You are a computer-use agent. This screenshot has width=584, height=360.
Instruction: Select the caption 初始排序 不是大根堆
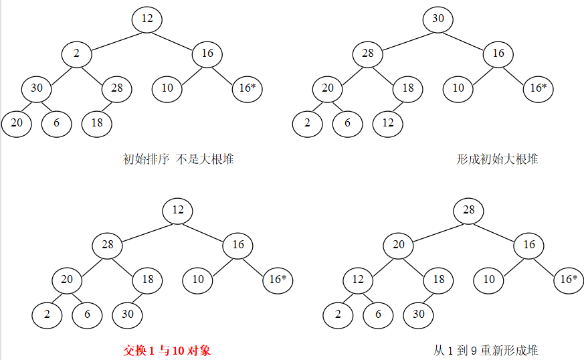pyautogui.click(x=179, y=159)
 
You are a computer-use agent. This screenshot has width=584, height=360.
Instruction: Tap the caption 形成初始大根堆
pyautogui.click(x=498, y=159)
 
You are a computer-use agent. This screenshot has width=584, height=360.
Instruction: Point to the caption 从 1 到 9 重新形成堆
pyautogui.click(x=486, y=350)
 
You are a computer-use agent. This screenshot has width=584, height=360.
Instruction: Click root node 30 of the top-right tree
pyautogui.click(x=438, y=19)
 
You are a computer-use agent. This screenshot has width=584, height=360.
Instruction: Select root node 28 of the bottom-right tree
pyautogui.click(x=469, y=211)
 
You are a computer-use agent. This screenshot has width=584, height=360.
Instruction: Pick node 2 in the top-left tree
pyautogui.click(x=77, y=54)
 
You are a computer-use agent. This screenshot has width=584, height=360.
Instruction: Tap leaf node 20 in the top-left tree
pyautogui.click(x=16, y=123)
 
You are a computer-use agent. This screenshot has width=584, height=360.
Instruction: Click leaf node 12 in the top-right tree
pyautogui.click(x=388, y=123)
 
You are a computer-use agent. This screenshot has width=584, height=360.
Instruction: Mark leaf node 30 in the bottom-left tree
pyautogui.click(x=127, y=314)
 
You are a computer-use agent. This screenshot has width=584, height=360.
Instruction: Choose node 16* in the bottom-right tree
pyautogui.click(x=569, y=280)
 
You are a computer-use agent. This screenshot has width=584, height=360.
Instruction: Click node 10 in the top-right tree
pyautogui.click(x=458, y=88)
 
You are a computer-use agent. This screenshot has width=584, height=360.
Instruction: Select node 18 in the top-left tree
pyautogui.click(x=97, y=123)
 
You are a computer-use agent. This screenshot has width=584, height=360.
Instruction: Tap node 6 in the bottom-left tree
pyautogui.click(x=87, y=314)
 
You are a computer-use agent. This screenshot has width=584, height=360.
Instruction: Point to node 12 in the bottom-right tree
pyautogui.click(x=358, y=280)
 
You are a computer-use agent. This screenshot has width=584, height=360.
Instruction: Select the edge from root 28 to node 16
pyautogui.click(x=499, y=228)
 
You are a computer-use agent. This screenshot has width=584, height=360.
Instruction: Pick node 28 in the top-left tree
pyautogui.click(x=117, y=88)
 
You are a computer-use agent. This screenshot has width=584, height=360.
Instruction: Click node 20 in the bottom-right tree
pyautogui.click(x=399, y=245)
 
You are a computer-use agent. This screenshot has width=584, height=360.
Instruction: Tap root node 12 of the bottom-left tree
pyautogui.click(x=178, y=211)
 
